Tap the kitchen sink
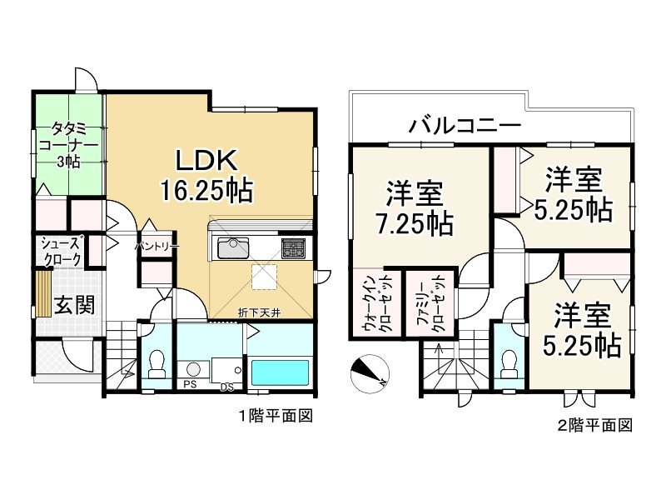coord(234,248)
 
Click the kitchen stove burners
coord(293,247)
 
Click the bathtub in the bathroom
coord(281,371)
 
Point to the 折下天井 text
coord(257,312)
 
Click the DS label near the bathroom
coord(226,386)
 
